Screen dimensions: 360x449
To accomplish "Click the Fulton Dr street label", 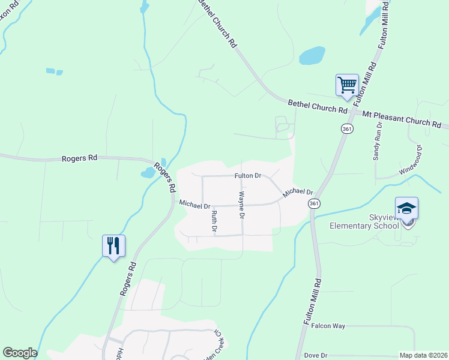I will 248,176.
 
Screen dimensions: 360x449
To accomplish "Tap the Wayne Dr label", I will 242,204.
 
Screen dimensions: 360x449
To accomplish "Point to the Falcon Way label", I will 328,326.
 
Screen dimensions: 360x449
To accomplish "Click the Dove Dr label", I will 315,356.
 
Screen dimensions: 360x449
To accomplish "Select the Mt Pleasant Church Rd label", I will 400,118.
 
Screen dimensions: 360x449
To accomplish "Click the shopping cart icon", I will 347,85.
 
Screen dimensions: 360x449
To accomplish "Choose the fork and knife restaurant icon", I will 113,245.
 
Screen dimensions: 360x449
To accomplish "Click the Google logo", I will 20,353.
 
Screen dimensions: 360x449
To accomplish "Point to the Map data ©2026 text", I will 423,356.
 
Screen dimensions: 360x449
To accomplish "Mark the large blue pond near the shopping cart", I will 312,56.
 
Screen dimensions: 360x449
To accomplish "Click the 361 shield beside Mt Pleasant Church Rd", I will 346,129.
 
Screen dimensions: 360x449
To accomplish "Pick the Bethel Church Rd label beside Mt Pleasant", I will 318,107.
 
